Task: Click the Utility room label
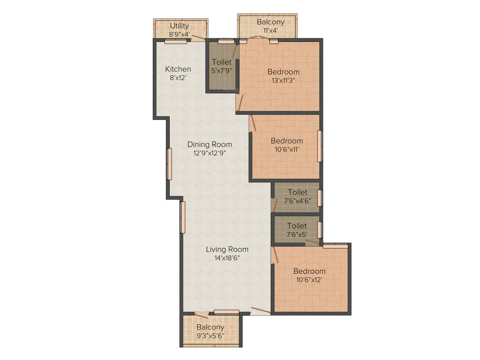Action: (180, 26)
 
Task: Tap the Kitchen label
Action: (178, 69)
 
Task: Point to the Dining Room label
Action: (210, 144)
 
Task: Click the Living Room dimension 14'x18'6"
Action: (227, 258)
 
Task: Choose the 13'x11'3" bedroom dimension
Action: (284, 80)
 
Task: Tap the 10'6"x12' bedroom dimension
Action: (309, 280)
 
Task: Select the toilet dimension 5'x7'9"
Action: (222, 71)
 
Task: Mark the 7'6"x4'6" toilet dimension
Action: (298, 201)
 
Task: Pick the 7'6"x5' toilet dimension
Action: (297, 234)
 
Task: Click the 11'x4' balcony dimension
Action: (270, 30)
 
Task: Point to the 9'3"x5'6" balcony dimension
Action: (210, 336)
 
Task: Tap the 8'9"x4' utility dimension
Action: (180, 34)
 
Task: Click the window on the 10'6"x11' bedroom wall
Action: (320, 146)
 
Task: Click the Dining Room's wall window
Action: (169, 164)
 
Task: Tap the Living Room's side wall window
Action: (183, 217)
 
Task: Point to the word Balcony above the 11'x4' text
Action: (270, 22)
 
